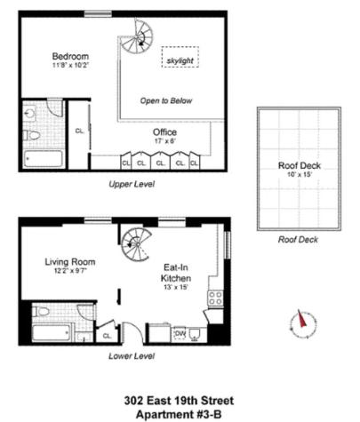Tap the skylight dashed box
pos(180,60)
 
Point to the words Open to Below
pos(165,101)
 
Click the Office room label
pos(165,134)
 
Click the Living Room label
pos(69,265)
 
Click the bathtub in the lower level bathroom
pos(51,335)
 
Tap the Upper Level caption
pos(132,184)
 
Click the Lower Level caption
pos(132,356)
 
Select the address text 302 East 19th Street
pos(178,401)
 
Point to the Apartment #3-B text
pos(178,414)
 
